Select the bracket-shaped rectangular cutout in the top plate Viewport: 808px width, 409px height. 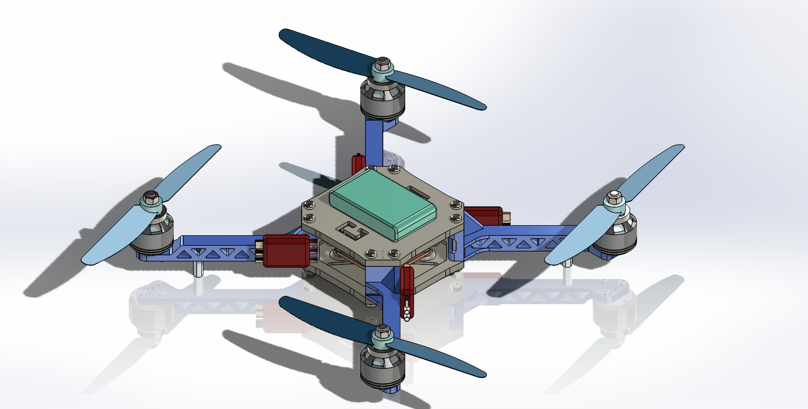pos(352,231)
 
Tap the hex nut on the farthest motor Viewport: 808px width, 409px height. pos(382,63)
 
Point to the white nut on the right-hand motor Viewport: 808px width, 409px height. pos(614,197)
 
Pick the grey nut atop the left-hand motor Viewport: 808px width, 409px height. pos(151,196)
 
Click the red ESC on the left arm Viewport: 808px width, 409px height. pos(285,250)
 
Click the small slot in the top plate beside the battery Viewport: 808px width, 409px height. pos(420,193)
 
